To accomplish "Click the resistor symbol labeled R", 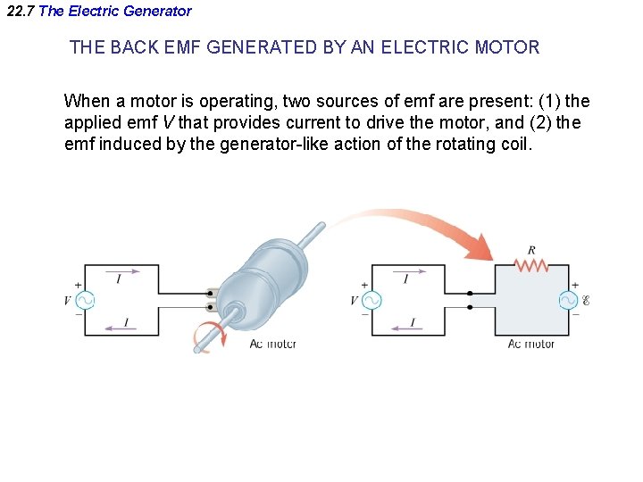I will pos(532,265).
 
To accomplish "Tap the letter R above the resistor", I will pos(532,251).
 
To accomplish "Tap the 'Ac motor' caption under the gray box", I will pos(530,344).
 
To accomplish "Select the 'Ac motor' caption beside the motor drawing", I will pos(272,344).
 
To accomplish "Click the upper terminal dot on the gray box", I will pos(470,292).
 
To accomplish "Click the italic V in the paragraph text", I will pos(167,122).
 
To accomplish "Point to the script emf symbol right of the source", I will pos(586,301).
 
